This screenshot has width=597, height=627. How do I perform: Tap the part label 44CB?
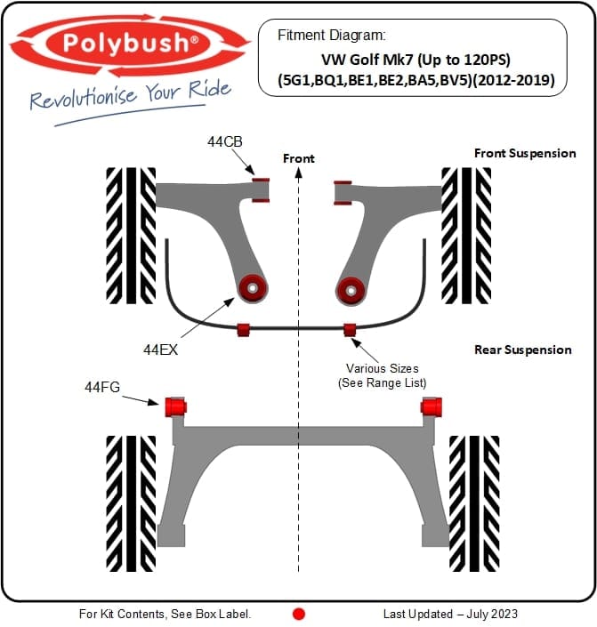click(x=225, y=141)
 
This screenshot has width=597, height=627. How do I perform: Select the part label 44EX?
click(x=161, y=350)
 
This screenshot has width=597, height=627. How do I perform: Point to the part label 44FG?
click(x=102, y=387)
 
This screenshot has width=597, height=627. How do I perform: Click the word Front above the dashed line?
click(x=299, y=158)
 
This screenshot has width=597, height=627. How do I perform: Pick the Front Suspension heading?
click(x=525, y=153)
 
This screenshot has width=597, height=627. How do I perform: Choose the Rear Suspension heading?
click(x=523, y=350)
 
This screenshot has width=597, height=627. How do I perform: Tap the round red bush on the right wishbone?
click(x=350, y=288)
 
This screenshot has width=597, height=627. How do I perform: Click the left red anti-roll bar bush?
click(x=243, y=330)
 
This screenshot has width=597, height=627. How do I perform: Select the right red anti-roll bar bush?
click(x=350, y=330)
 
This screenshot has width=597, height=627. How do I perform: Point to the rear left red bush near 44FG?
click(x=174, y=406)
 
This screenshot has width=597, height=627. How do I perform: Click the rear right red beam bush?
click(x=432, y=406)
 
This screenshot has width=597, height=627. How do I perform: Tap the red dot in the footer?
click(x=299, y=614)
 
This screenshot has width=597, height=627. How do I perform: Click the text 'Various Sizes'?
click(x=382, y=368)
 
